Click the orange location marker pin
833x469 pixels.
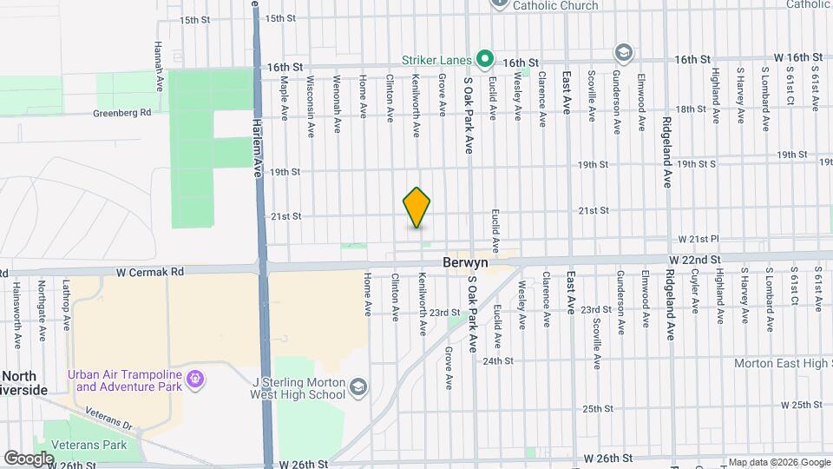pos(417,208)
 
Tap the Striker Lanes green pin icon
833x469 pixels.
pos(486,60)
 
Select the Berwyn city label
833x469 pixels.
pos(465,261)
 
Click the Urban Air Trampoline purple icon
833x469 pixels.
pos(196,380)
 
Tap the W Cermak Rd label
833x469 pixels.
pos(152,272)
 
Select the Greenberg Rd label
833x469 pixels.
pos(122,112)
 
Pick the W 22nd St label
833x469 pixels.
pos(694,260)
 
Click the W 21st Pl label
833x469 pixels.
pos(699,239)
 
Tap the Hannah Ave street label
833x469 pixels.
pos(159,56)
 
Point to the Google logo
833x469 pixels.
pos(29,458)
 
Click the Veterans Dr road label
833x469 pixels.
pos(115,426)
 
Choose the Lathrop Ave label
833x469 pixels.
pos(66,304)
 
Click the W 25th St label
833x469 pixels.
pos(801,405)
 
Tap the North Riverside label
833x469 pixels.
pos(24,383)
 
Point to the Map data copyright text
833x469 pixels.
pos(778,462)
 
